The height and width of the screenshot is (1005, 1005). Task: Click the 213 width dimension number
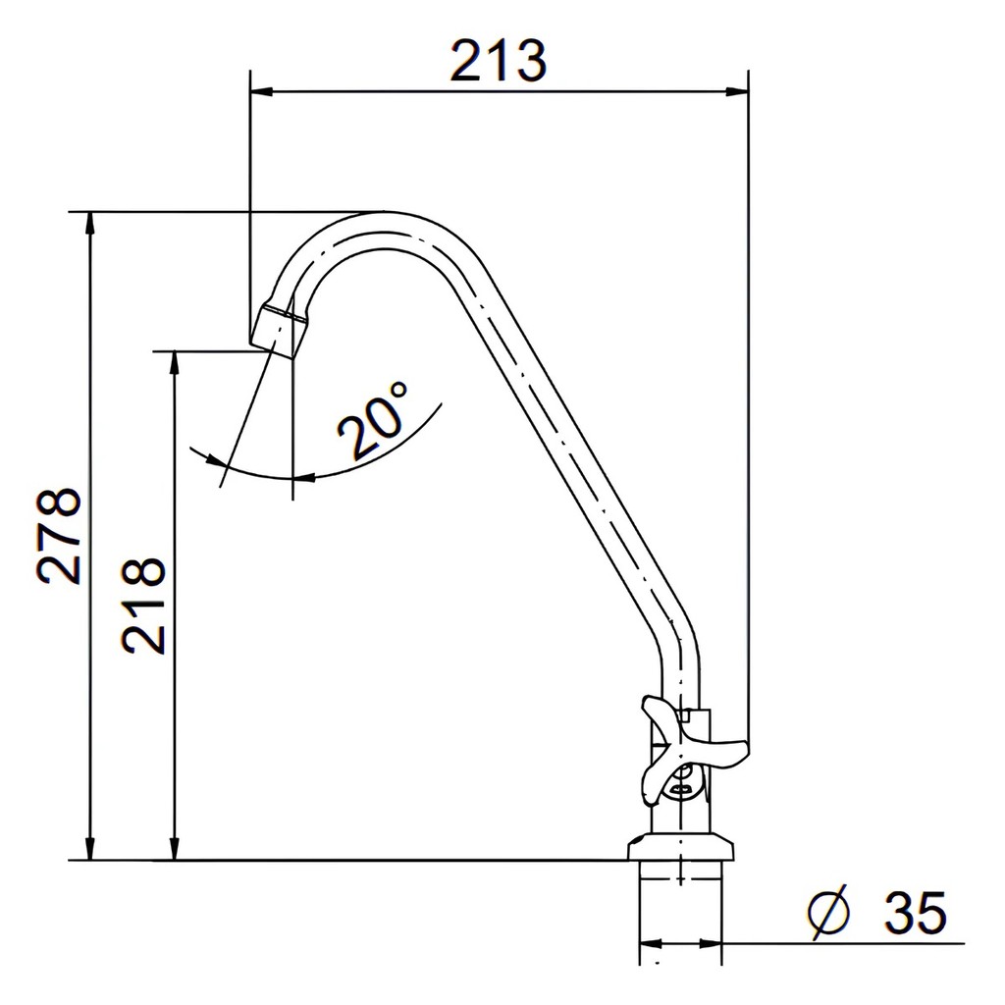498,61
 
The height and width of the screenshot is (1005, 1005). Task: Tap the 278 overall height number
60,537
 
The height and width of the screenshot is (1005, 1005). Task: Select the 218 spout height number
143,605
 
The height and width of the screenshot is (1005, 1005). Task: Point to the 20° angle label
373,420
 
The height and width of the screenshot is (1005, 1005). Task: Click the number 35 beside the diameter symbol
916,912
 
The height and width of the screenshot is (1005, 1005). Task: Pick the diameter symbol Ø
828,912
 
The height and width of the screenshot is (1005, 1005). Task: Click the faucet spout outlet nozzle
280,332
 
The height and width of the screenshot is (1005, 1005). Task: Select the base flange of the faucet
681,846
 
